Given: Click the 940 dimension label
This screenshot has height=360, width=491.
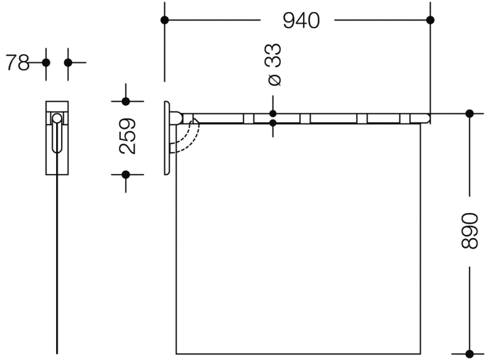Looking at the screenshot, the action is tap(301, 21).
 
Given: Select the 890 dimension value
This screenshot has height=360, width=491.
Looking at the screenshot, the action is tap(470, 231).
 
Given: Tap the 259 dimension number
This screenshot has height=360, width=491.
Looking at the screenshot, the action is tap(128, 136).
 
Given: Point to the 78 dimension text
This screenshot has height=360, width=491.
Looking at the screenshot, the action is tap(18, 63).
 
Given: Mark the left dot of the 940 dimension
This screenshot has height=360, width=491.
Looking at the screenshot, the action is tap(164, 20).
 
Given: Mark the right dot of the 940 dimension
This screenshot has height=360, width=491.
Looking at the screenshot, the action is tap(431, 20).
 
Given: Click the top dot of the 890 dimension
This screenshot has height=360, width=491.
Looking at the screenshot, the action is tap(470, 114).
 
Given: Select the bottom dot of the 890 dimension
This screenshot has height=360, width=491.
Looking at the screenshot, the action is tap(470, 354).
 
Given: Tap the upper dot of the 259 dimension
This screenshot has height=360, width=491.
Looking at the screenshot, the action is tap(126, 101).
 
